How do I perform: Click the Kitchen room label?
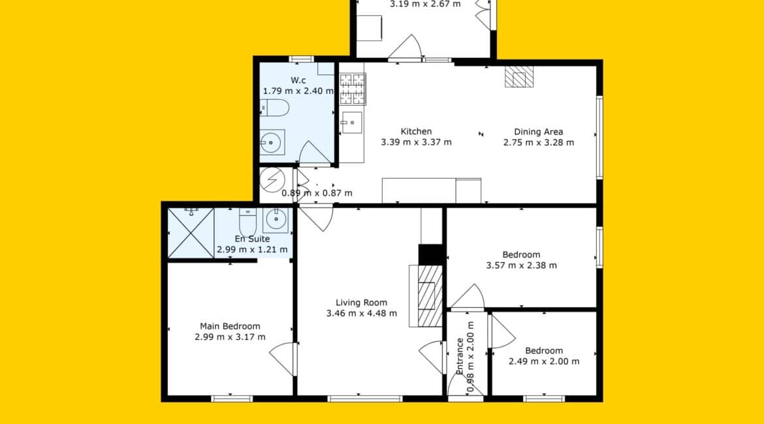tap(416, 131)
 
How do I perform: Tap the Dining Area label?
tap(539, 131)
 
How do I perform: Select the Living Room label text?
tap(362, 303)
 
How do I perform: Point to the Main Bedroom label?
tap(230, 326)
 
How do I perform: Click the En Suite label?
tap(253, 239)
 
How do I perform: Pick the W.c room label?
tap(298, 80)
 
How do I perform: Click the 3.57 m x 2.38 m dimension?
tap(521, 265)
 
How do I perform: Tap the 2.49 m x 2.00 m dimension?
tap(544, 361)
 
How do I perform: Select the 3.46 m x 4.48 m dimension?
tap(362, 314)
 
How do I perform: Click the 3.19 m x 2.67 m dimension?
tap(425, 5)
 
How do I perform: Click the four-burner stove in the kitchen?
tap(352, 89)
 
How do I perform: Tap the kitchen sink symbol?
tap(352, 123)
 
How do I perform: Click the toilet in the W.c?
tap(274, 108)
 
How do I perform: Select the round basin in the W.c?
tap(272, 143)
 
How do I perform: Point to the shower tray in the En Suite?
tap(191, 233)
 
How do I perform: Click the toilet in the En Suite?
tap(247, 222)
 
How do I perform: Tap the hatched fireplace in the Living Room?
tap(427, 295)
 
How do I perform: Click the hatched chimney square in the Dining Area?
tap(519, 76)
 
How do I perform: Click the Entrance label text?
tap(460, 356)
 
